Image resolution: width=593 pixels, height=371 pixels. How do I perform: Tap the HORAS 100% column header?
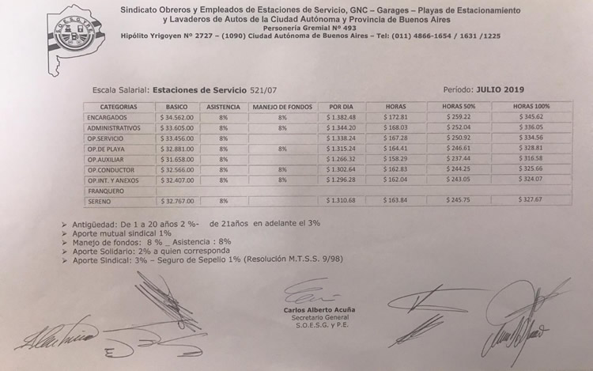pyautogui.click(x=531, y=106)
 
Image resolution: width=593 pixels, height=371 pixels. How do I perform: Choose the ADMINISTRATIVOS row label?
pyautogui.click(x=114, y=127)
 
